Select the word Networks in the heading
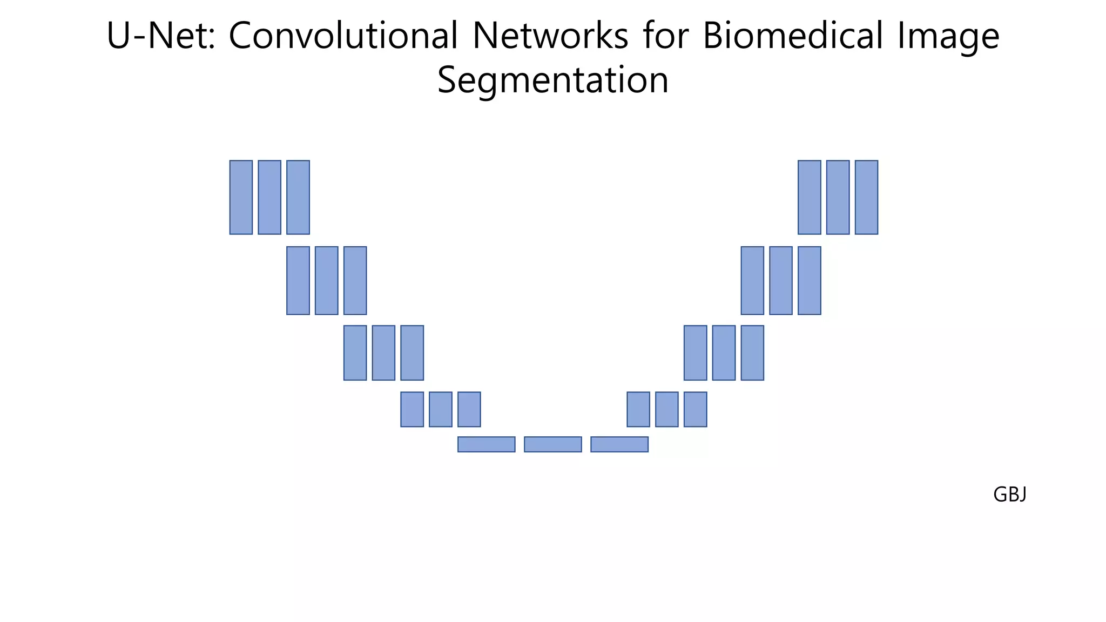click(550, 36)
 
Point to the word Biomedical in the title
click(793, 36)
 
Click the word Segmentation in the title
click(553, 80)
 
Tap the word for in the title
click(665, 36)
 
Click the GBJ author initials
click(1009, 495)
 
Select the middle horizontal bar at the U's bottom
click(553, 444)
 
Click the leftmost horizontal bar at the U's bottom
click(486, 444)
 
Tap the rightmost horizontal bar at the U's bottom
click(619, 444)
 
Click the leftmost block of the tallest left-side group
click(241, 197)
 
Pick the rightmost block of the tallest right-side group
click(866, 197)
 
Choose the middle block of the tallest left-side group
click(269, 197)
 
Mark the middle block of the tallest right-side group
click(838, 197)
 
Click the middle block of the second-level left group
click(326, 280)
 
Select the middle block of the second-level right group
click(780, 280)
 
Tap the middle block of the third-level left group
click(383, 353)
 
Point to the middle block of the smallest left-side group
click(440, 409)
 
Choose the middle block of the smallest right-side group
click(666, 409)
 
